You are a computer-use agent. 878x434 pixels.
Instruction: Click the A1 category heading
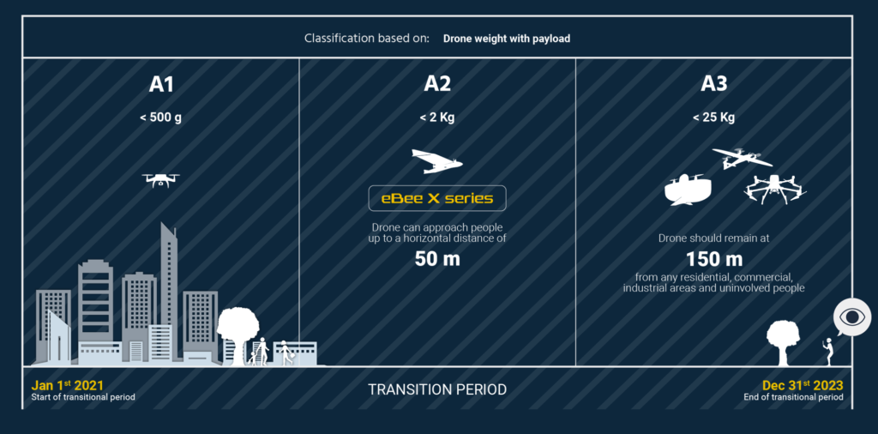click(161, 84)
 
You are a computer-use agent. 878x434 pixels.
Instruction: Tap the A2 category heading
click(437, 84)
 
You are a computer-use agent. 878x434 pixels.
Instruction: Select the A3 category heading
click(713, 84)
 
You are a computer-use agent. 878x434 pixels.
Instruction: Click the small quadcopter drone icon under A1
click(160, 179)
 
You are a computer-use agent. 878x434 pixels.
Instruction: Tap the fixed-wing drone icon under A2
click(436, 161)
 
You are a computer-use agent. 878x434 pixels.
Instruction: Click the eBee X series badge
click(437, 198)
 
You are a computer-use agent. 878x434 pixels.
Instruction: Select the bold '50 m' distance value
click(437, 258)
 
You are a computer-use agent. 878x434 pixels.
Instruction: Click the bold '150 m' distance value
click(713, 258)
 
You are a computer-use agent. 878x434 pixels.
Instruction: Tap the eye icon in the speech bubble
click(851, 317)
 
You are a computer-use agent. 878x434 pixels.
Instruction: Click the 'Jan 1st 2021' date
click(68, 385)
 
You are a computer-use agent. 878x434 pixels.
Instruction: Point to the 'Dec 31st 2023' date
click(803, 385)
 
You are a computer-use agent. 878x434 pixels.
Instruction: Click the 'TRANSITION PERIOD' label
click(437, 389)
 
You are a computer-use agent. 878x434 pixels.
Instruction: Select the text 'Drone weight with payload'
click(506, 39)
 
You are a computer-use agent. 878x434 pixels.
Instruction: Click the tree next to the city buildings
click(238, 330)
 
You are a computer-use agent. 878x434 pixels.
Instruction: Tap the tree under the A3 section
click(785, 340)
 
